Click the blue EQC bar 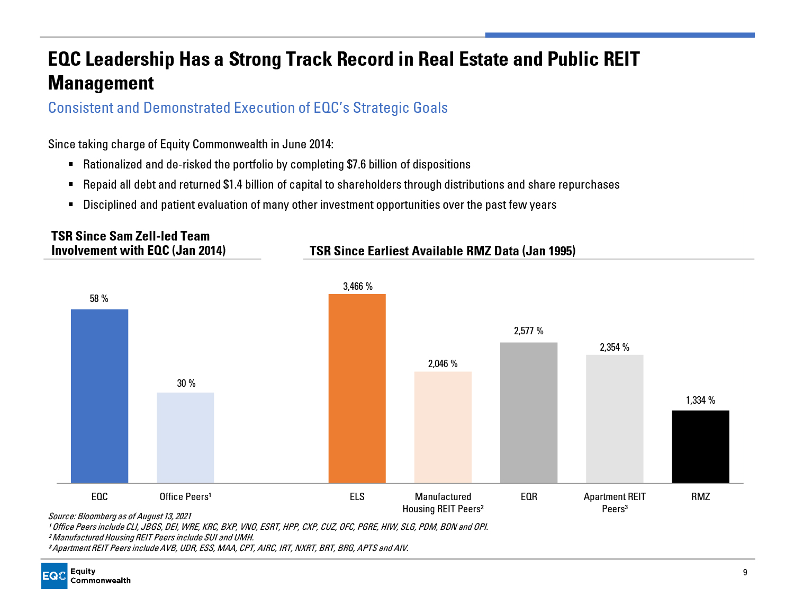pos(100,396)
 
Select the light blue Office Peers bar pos(185,438)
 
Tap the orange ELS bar pos(357,388)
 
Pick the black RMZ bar pos(700,447)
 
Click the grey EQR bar pos(529,413)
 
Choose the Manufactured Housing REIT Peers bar pos(443,427)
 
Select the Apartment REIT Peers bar pos(615,419)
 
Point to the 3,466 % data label pos(358,287)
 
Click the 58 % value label pos(99,299)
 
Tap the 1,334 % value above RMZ pos(700,401)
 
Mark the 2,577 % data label pos(529,331)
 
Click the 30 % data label pos(186,384)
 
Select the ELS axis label pos(357,497)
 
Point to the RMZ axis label pos(700,497)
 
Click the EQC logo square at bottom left pos(55,576)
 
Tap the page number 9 pos(745,572)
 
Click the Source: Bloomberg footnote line pos(120,516)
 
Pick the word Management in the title pos(101,83)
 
